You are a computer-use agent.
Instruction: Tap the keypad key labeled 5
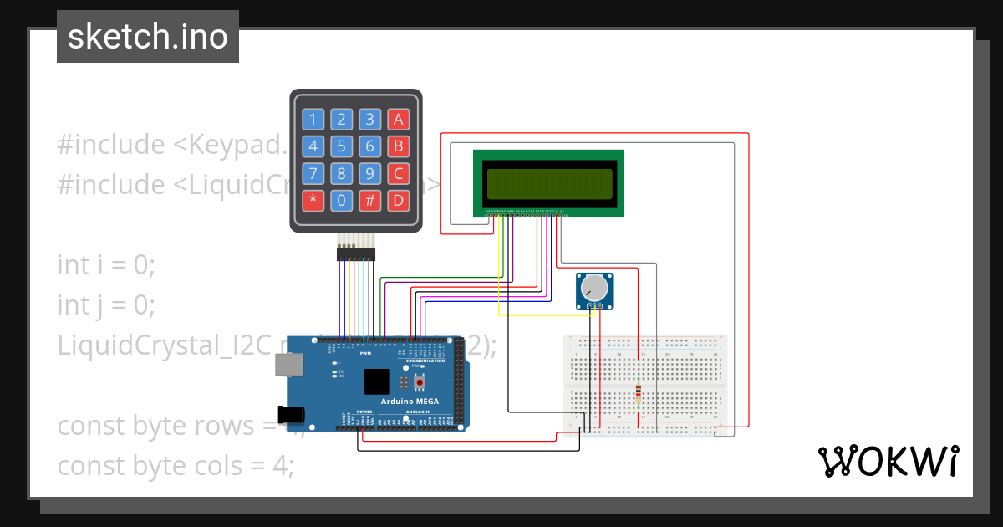(341, 147)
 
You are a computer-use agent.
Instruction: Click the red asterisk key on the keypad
(313, 201)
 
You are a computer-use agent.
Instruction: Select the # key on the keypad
(369, 201)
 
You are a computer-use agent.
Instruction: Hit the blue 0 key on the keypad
(341, 201)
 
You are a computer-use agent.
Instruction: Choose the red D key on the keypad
(399, 201)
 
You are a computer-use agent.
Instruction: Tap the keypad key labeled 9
(369, 174)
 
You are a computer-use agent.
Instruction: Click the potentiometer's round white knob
(594, 289)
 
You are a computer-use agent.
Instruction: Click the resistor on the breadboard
(639, 392)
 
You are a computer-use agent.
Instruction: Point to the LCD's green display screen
(549, 182)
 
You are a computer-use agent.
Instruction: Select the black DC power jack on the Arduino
(293, 413)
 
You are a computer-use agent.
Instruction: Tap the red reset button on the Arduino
(419, 382)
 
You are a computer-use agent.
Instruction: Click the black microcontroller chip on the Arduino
(377, 381)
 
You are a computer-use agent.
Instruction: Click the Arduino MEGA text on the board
(410, 402)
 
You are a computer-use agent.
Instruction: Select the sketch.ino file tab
(148, 37)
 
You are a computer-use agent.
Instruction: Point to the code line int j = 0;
(106, 304)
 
